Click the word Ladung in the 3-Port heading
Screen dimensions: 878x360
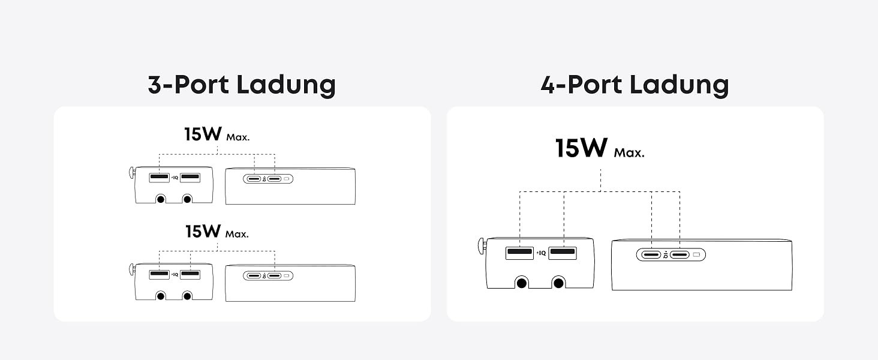tap(286, 85)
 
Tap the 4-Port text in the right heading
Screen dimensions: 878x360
tap(581, 85)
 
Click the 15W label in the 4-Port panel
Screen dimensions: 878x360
tap(581, 148)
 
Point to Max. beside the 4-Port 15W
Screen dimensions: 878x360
tap(629, 152)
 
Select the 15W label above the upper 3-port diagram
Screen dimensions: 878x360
tap(203, 134)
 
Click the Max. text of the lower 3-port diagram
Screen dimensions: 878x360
tap(237, 234)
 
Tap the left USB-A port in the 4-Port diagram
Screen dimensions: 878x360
tap(519, 253)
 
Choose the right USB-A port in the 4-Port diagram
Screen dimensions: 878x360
tap(563, 253)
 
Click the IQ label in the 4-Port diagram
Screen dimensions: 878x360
tap(542, 253)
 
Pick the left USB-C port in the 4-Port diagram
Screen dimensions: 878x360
tap(651, 255)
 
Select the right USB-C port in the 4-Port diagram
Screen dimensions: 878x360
tap(679, 255)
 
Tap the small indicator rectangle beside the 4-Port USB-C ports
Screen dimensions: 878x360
tap(696, 255)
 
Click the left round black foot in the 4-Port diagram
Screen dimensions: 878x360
tap(521, 283)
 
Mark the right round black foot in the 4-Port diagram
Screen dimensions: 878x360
tap(558, 283)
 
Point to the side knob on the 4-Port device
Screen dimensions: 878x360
tap(482, 246)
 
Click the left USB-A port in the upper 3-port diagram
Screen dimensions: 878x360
tap(159, 178)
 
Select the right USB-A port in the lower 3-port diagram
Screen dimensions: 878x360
tap(190, 275)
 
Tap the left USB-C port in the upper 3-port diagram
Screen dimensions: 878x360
tap(254, 179)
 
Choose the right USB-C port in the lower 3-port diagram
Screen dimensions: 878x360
tap(275, 275)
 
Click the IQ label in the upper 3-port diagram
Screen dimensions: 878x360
tap(175, 178)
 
